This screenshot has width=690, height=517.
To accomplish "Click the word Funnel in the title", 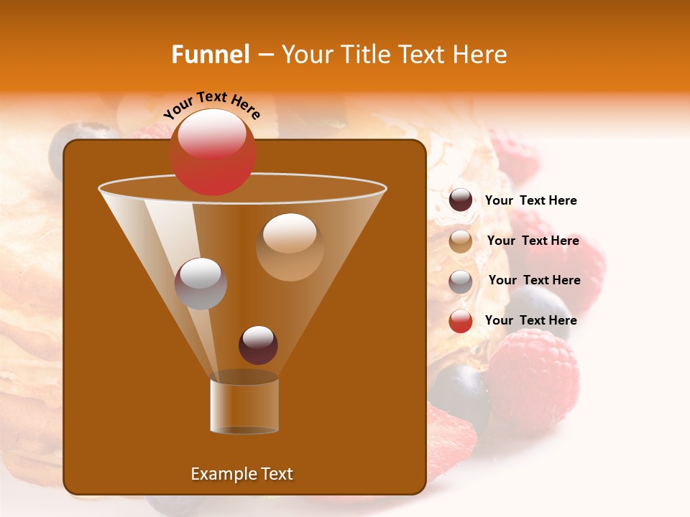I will tap(210, 55).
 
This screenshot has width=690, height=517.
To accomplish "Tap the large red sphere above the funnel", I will tap(212, 152).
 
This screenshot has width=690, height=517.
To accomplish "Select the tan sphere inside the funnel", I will tap(290, 246).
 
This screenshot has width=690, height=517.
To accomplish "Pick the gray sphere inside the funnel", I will tap(201, 283).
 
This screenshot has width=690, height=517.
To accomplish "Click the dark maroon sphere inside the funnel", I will tap(258, 345).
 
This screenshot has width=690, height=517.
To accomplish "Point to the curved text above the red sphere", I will tap(212, 105).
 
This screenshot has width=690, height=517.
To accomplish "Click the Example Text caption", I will tap(241, 474).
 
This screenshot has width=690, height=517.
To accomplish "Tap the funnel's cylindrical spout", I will tap(244, 406).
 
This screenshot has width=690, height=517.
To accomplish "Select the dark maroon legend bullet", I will tap(461, 200).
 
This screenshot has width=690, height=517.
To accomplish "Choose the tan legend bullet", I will tap(461, 241).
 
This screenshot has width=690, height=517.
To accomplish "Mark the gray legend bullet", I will tap(461, 281).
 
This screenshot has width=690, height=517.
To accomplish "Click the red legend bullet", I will tap(461, 321).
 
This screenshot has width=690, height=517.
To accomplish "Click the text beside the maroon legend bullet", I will tap(530, 200).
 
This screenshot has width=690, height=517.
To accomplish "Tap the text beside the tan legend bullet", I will tap(533, 241).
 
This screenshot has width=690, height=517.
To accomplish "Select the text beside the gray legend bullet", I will tap(534, 280).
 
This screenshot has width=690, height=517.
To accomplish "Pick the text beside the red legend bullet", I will tap(530, 320).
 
